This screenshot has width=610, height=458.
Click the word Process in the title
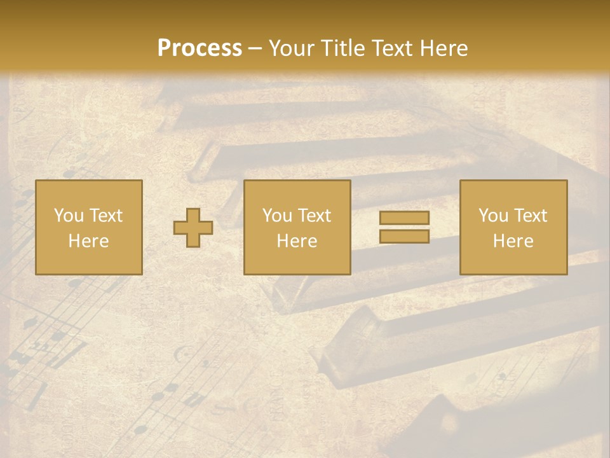coord(200,48)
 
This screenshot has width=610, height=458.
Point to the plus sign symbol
coord(193,227)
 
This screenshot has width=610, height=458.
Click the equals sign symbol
coord(404,227)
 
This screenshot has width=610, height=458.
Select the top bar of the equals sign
coord(404,218)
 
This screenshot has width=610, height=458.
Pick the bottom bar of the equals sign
coord(404,237)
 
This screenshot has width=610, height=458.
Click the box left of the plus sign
coord(88,227)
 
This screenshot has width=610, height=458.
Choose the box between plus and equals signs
coord(297,227)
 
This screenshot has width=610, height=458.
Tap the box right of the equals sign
coord(513,227)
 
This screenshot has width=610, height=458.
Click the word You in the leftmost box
coord(69,216)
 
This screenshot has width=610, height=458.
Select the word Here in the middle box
coord(297,241)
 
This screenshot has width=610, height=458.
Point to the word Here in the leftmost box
coord(88,241)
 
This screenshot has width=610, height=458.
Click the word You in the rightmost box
coord(493,216)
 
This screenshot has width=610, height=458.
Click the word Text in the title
coord(394,48)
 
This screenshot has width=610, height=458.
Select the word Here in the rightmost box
coord(513,241)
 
